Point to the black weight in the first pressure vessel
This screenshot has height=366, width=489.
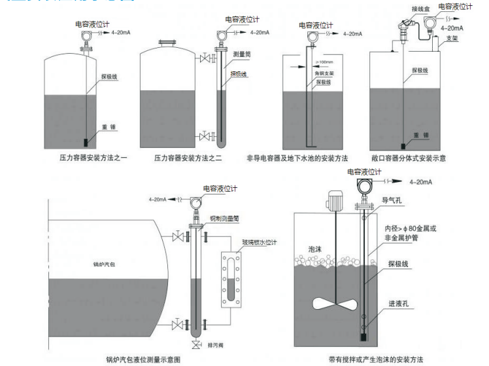coord(87,141)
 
